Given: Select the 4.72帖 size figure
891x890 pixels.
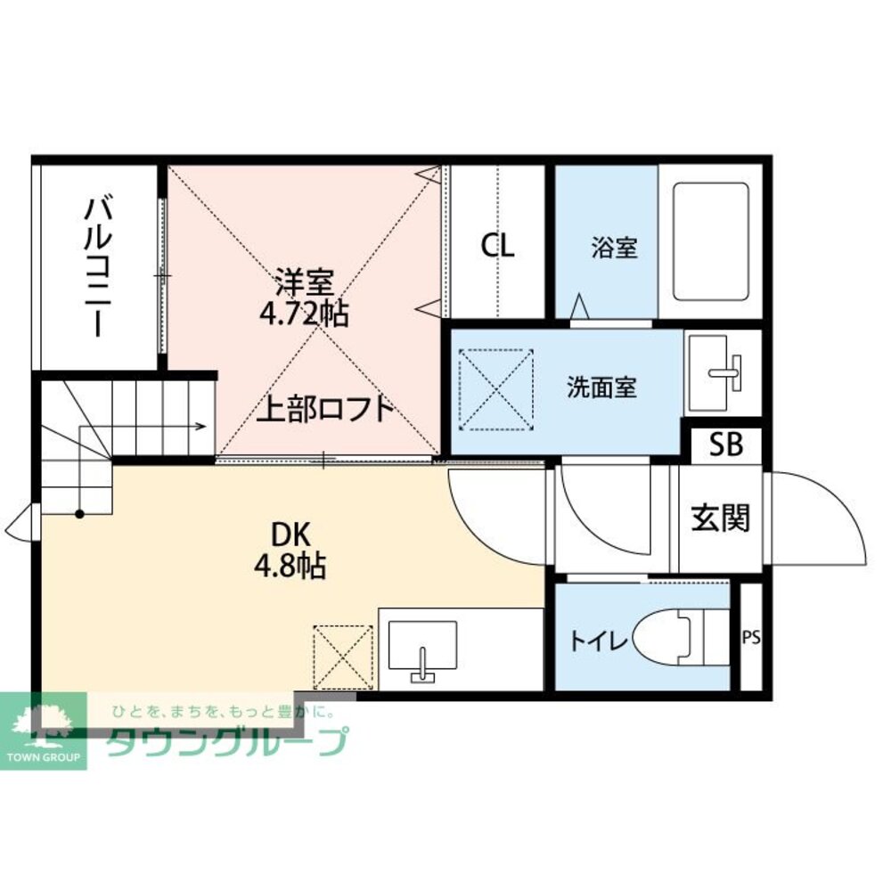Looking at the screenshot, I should [304, 314].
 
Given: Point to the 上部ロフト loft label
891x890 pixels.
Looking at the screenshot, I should [325, 408].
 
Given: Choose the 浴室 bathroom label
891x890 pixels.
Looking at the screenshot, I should [614, 247].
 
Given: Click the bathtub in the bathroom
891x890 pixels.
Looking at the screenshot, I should [710, 241].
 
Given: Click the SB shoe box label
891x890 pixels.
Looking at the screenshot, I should [726, 445].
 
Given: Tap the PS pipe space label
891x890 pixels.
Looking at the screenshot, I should [751, 638].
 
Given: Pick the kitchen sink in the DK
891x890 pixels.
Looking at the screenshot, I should [423, 649].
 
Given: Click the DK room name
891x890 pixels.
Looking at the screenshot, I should [290, 535].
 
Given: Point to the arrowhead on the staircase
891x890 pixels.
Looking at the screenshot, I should [204, 426].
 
